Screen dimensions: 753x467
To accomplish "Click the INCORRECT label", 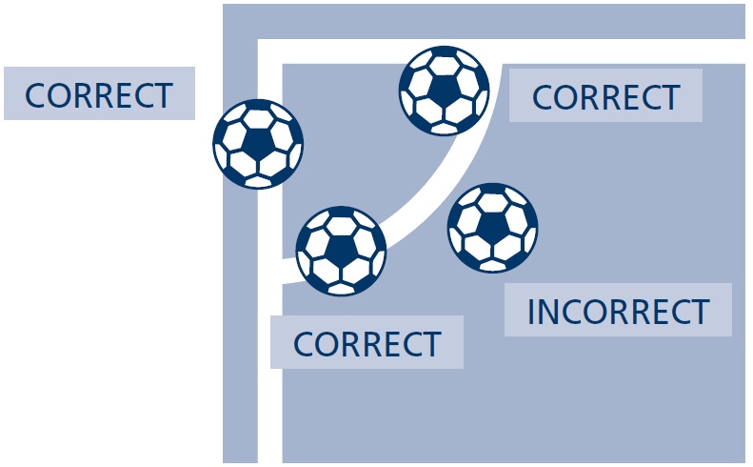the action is pos(618,310).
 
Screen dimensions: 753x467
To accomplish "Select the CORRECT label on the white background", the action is pos(99,93).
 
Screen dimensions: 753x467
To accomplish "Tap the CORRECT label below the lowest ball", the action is pos(367,342).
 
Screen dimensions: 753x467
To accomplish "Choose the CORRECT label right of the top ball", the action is pos(605,95).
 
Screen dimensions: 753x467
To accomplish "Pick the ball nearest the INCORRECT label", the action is pos(493,228).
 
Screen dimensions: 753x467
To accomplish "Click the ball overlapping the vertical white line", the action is pos(258,144).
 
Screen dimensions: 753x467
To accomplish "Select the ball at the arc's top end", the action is pos(445,91).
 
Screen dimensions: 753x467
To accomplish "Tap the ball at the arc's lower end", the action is pos(341,251).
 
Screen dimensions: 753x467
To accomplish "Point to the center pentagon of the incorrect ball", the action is pos(493,228).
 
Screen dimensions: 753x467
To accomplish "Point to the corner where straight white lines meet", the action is pos(270,51).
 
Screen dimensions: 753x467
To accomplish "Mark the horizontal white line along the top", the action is pos(502,51).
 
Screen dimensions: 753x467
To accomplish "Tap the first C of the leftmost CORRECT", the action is pos(35,95).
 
